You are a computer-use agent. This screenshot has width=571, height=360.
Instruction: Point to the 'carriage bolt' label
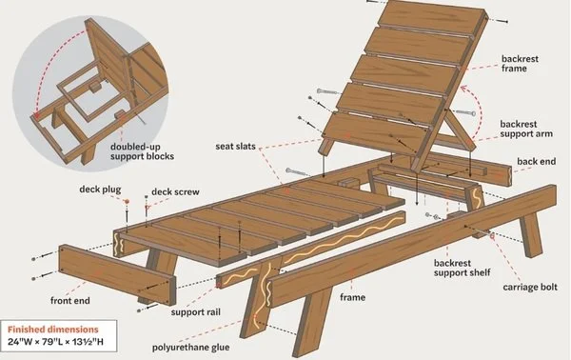click(518, 287)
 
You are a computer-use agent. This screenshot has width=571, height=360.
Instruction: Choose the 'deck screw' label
click(175, 191)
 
